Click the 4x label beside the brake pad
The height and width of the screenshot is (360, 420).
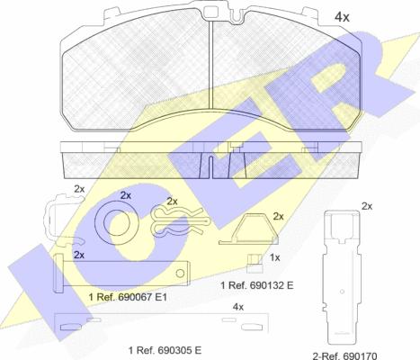coord(342,17)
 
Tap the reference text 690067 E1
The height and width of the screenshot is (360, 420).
coord(128,297)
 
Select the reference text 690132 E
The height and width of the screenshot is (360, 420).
coord(257,285)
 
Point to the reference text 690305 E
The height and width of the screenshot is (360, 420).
coord(165,350)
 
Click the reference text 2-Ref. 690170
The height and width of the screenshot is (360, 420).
coord(344,356)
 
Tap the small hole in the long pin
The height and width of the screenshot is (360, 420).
coord(180,274)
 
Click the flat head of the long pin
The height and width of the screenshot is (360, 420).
coord(58,273)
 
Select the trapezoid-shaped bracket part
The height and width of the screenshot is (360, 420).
coord(248,229)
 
